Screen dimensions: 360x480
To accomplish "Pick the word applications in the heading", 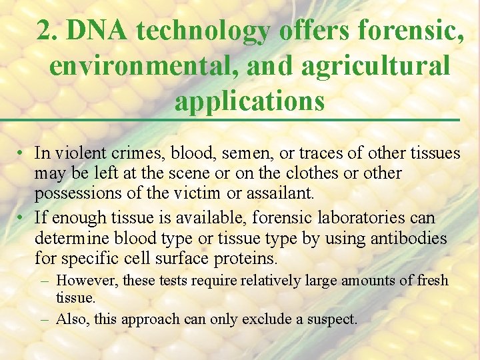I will click(250, 101).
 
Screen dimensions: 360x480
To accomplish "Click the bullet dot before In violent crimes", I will click(22, 153).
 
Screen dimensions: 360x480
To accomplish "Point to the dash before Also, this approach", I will click(44, 319).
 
